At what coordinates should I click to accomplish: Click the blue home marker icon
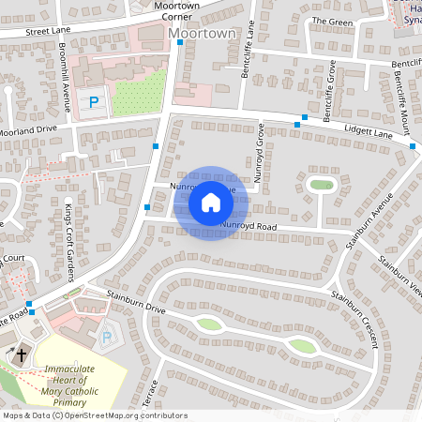click(x=211, y=203)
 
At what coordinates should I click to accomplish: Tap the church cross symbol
click(x=22, y=355)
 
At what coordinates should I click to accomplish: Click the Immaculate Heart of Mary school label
click(x=70, y=385)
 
